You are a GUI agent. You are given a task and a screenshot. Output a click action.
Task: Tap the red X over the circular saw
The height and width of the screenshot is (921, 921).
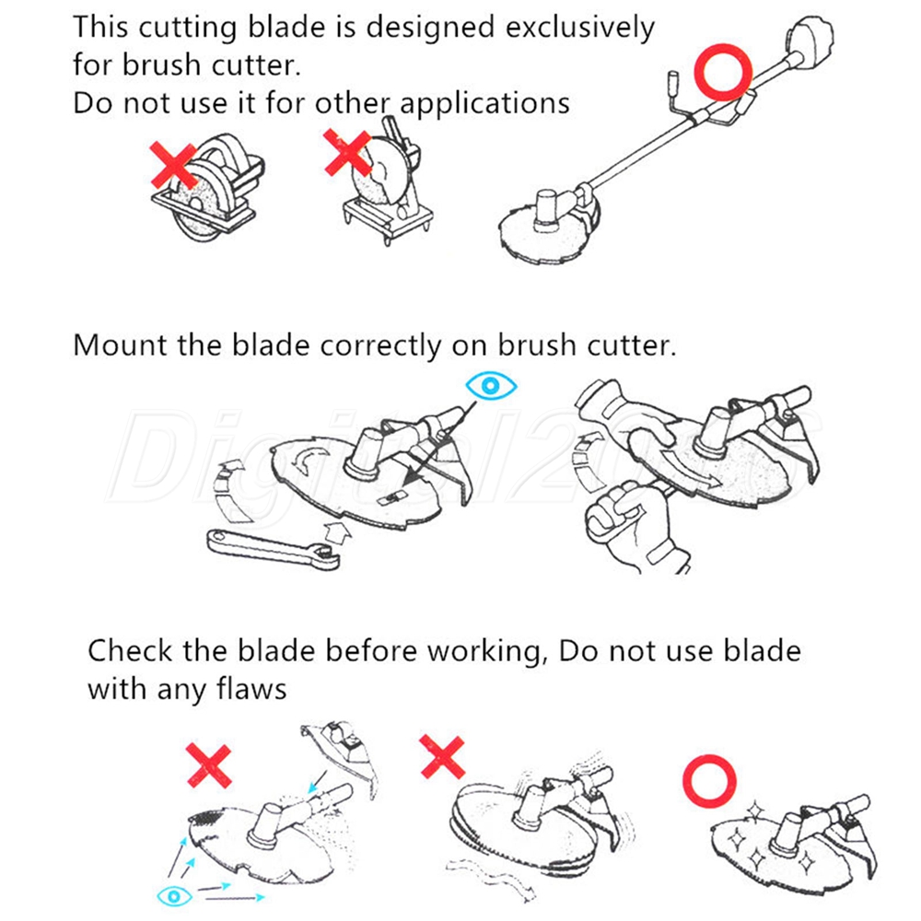pos(173,165)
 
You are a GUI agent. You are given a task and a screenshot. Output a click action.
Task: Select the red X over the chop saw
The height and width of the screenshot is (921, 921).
pos(348,153)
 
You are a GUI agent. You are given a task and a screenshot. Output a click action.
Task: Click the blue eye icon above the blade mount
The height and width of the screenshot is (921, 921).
pos(491,386)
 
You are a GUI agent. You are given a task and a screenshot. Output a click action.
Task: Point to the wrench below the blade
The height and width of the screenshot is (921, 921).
pos(274,549)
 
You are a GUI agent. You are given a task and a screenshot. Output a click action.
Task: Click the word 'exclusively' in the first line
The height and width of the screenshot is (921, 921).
pos(579,29)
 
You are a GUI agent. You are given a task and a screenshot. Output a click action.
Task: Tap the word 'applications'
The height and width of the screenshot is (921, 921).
pos(484,105)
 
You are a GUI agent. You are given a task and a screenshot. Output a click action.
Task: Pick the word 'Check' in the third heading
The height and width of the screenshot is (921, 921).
pos(130,651)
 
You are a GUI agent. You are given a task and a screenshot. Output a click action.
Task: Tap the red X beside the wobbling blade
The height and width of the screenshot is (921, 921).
pos(443,756)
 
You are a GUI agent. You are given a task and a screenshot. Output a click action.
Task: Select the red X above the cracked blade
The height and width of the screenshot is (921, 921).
pos(208,765)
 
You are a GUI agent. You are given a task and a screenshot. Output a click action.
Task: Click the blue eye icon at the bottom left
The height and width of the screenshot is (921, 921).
pos(174,896)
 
